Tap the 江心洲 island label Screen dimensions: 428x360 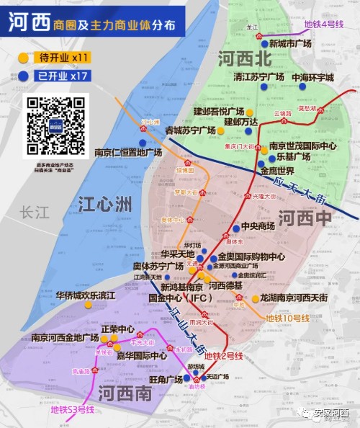[x=106, y=204]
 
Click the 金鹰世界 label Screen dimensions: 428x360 [x=277, y=171]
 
